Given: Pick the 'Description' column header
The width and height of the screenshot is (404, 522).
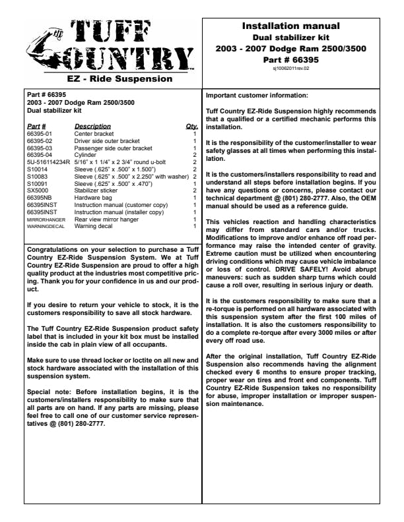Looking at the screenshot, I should [x=92, y=126].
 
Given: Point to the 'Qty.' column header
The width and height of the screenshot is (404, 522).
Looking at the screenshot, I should [x=192, y=126].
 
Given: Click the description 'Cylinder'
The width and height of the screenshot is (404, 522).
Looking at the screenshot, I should [x=86, y=156].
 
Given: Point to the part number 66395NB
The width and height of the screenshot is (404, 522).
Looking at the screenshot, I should [x=39, y=198].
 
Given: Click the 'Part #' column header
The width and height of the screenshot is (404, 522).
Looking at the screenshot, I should [x=36, y=126].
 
